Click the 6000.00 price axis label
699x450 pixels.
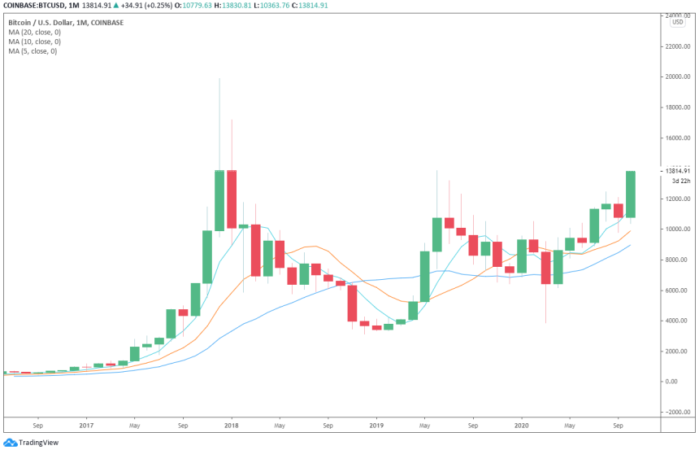click(x=675, y=291)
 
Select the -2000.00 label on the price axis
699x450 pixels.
click(x=675, y=413)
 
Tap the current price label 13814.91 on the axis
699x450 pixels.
click(x=675, y=171)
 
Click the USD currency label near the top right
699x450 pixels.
click(x=677, y=23)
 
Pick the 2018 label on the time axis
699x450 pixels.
click(x=231, y=424)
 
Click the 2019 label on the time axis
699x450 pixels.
click(x=376, y=424)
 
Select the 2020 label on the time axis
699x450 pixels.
click(x=521, y=424)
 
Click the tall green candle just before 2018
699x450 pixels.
click(x=219, y=199)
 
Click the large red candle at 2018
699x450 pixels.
click(x=232, y=199)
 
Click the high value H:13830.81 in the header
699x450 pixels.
click(x=237, y=6)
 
